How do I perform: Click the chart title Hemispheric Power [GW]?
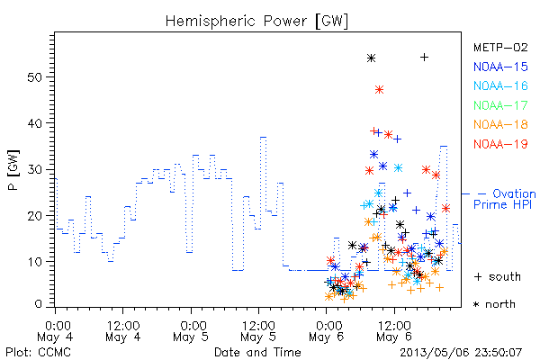click(256, 21)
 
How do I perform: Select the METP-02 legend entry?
click(500, 47)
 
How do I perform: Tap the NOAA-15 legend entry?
click(500, 67)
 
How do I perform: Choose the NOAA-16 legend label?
click(500, 85)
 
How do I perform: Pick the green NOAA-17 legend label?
click(500, 105)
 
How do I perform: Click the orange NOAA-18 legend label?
click(500, 124)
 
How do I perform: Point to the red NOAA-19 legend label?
click(500, 144)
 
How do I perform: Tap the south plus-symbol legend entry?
click(498, 276)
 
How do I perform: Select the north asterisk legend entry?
click(494, 304)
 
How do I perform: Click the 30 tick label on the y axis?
click(34, 169)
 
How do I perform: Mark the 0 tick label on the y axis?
click(38, 304)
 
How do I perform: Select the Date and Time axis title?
click(257, 352)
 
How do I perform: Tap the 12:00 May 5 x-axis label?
click(258, 331)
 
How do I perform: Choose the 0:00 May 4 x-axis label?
click(55, 331)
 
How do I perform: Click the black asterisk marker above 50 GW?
click(371, 58)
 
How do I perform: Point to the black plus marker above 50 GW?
click(424, 58)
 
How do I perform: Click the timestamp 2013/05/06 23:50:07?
click(461, 353)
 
